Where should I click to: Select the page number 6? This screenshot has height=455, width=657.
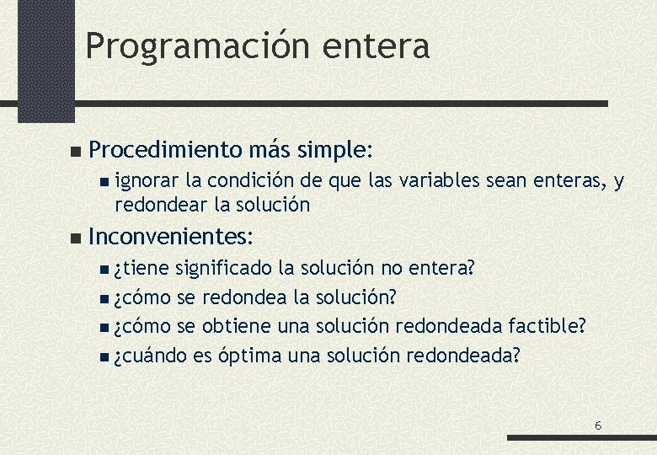pos(598,426)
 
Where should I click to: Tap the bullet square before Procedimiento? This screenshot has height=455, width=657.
pos(75,152)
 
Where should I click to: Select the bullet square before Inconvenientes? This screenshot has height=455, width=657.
pos(75,235)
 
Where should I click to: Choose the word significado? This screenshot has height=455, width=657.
pos(223,269)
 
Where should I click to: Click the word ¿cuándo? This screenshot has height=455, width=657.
pos(151,356)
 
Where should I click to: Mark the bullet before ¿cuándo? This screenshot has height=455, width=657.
pos(102,356)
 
